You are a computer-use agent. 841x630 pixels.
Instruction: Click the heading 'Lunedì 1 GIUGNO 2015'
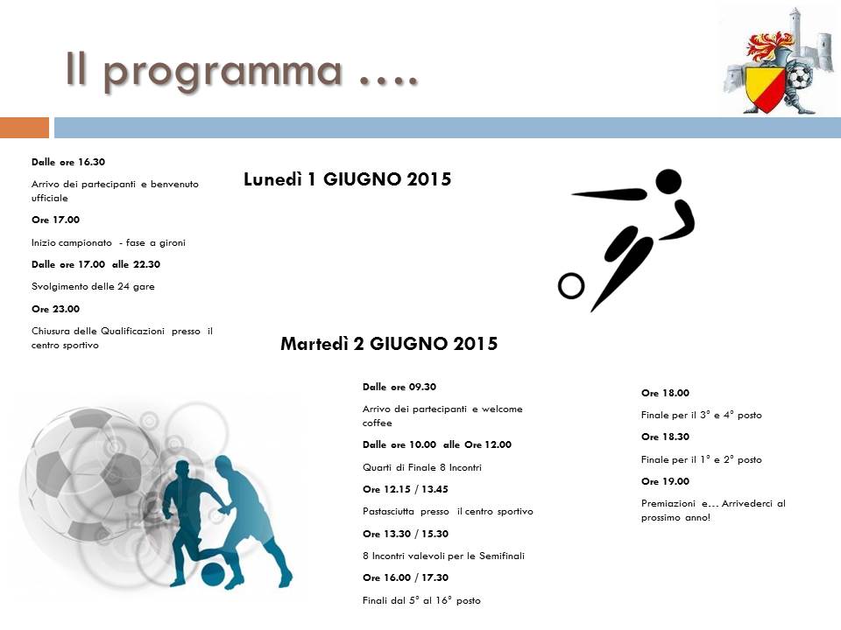click(x=347, y=178)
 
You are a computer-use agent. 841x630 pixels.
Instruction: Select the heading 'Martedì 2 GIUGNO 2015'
click(x=389, y=343)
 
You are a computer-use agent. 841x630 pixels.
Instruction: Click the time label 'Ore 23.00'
click(x=55, y=309)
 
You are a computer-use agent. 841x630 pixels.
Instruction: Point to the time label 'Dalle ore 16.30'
click(x=68, y=162)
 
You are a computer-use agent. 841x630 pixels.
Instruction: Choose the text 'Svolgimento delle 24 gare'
click(x=93, y=287)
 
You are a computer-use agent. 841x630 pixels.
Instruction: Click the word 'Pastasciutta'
click(x=388, y=511)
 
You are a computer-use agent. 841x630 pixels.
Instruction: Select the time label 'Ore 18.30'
click(x=665, y=437)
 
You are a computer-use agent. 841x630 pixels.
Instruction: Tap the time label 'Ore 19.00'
click(x=665, y=481)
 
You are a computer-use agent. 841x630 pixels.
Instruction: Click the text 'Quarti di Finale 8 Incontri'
click(x=422, y=467)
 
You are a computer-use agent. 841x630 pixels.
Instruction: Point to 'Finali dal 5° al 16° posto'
click(x=421, y=600)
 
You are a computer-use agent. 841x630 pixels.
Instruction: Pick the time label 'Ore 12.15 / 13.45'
click(x=405, y=489)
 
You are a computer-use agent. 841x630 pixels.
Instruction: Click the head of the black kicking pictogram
click(x=668, y=181)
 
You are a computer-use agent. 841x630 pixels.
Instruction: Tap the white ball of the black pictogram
click(x=570, y=285)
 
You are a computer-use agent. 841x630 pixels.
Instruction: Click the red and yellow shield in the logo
click(x=765, y=89)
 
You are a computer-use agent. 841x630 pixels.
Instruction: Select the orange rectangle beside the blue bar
click(x=25, y=128)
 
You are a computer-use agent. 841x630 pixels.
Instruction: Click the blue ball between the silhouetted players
click(x=213, y=574)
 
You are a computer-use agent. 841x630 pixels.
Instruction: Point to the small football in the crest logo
click(x=799, y=77)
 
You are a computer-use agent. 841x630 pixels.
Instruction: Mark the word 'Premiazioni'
click(x=668, y=504)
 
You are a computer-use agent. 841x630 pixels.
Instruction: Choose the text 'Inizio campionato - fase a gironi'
click(x=109, y=242)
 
